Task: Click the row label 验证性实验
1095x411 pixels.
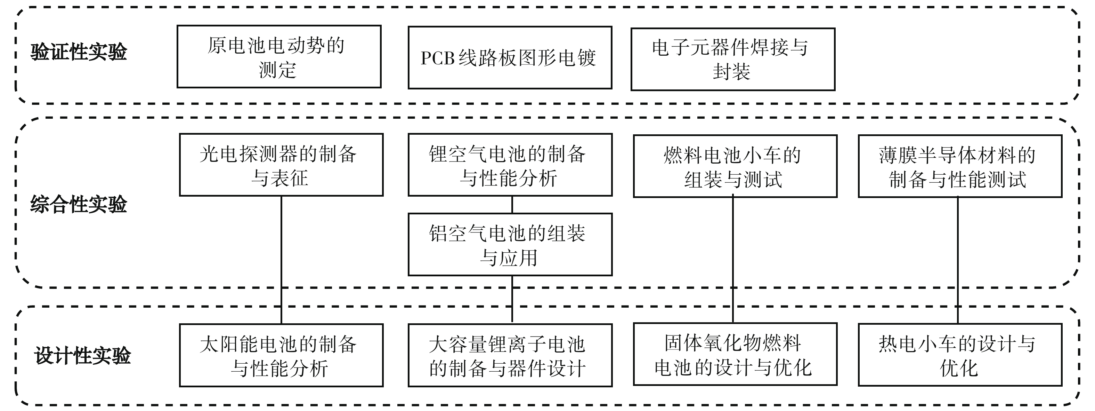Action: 79,52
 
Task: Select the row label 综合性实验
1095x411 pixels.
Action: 79,205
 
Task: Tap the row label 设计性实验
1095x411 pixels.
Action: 82,356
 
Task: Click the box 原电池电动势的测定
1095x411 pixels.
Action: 279,57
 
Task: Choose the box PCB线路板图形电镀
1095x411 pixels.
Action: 510,58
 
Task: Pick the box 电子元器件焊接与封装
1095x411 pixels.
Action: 732,60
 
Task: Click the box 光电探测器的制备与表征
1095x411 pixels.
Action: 281,165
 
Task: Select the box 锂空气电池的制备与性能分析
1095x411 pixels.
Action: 510,165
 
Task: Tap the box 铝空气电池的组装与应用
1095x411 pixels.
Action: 510,245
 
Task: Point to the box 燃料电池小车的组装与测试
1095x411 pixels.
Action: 735,166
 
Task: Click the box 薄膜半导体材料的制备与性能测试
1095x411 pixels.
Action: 960,166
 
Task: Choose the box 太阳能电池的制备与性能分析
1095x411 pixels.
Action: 281,356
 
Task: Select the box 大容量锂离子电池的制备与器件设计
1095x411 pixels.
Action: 510,356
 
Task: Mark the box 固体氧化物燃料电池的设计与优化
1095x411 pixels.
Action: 735,354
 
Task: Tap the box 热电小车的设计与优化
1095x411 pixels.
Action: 960,355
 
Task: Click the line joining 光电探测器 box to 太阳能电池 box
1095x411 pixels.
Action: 282,260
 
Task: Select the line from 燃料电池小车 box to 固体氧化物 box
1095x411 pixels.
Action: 733,260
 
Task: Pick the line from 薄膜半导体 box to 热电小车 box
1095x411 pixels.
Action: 958,260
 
